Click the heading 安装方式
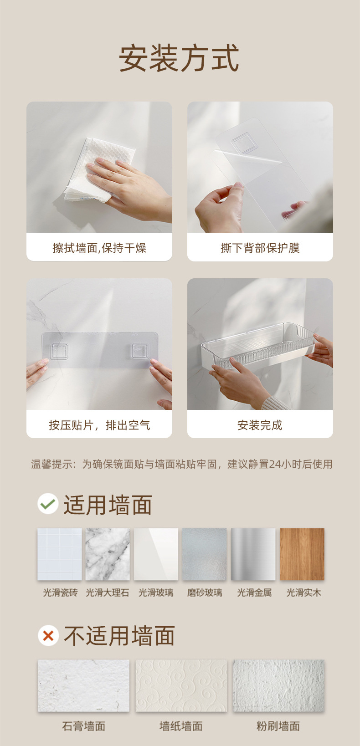click(x=179, y=58)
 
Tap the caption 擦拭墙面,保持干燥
click(x=99, y=248)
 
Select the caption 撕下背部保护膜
click(x=260, y=248)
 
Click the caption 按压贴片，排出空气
click(x=99, y=425)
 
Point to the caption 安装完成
click(x=260, y=425)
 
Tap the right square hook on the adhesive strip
click(x=140, y=351)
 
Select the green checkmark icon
click(x=48, y=504)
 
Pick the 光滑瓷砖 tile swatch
click(x=59, y=554)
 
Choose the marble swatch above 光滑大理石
click(x=108, y=554)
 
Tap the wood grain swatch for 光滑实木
click(x=302, y=554)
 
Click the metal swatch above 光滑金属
click(x=253, y=554)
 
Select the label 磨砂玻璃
click(x=205, y=593)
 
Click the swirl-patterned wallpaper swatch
click(x=181, y=686)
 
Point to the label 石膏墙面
click(x=83, y=726)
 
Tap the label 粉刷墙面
click(x=278, y=726)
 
